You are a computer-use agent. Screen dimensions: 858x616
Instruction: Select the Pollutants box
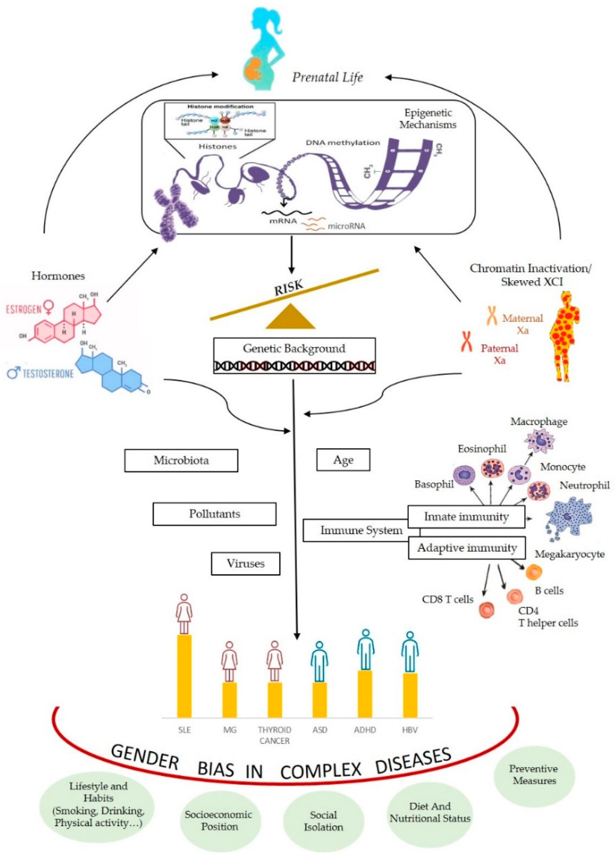click(x=214, y=514)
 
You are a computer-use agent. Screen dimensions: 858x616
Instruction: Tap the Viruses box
click(x=245, y=563)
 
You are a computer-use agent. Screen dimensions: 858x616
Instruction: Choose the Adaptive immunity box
click(x=466, y=548)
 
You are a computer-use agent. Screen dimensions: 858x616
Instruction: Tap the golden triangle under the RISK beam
click(x=290, y=317)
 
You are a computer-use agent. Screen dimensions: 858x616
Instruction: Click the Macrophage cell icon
click(x=539, y=440)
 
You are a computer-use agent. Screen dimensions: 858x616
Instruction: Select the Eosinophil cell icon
click(x=492, y=468)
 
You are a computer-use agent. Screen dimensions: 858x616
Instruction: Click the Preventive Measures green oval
click(x=534, y=774)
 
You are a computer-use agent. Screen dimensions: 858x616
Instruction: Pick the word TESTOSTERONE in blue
click(x=48, y=374)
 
